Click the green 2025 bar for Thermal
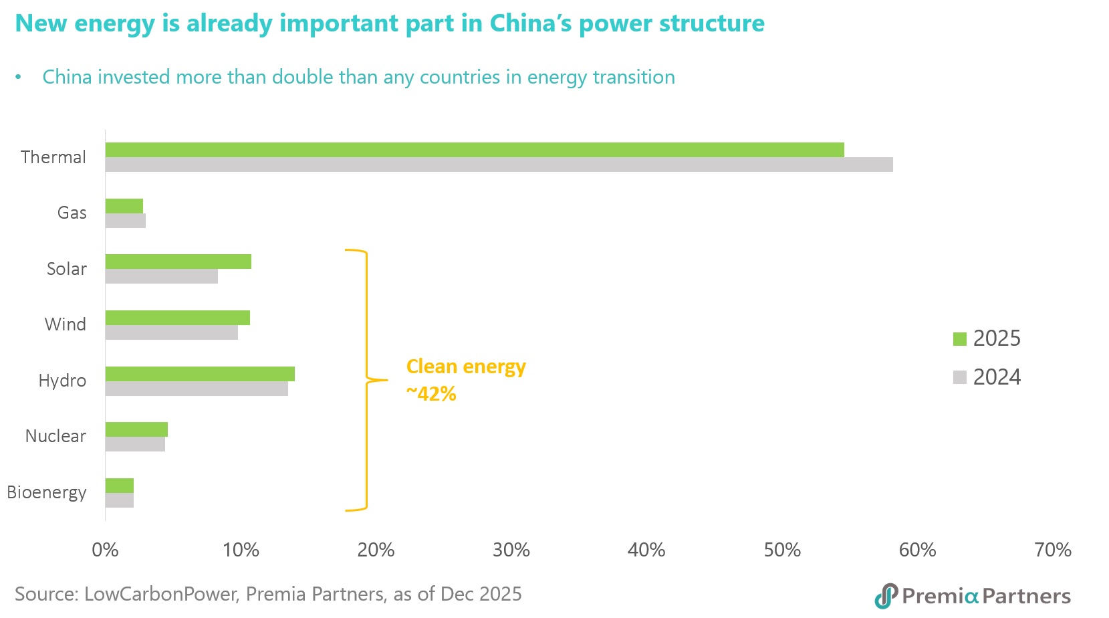(x=475, y=150)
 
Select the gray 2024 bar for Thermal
(x=499, y=165)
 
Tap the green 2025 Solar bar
(x=178, y=262)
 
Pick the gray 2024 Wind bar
(x=172, y=332)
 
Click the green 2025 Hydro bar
(x=200, y=374)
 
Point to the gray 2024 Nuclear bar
(x=135, y=444)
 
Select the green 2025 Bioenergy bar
(x=120, y=486)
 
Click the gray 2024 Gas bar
(x=126, y=221)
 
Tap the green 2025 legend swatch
(x=960, y=338)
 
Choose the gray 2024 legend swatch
(x=960, y=377)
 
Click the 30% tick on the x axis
(x=511, y=550)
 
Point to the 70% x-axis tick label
(x=1053, y=550)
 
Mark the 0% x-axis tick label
(x=105, y=550)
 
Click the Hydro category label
(x=62, y=381)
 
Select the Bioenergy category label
(x=47, y=492)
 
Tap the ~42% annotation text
(x=431, y=394)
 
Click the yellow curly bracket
(x=366, y=380)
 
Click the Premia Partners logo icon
(x=886, y=596)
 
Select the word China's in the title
(x=531, y=23)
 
